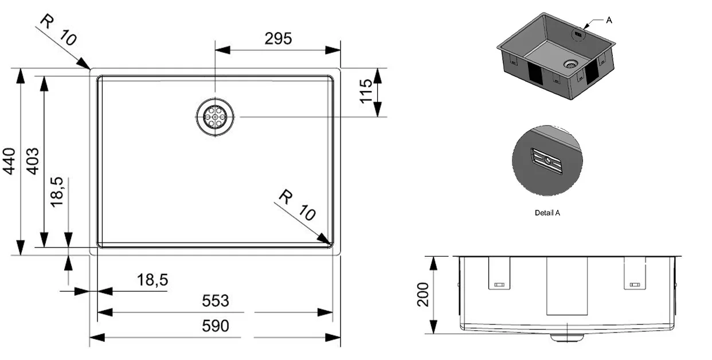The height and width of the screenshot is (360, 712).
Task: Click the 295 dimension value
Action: click(278, 39)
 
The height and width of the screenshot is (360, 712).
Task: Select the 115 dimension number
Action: click(366, 91)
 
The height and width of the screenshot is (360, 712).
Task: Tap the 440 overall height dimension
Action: click(9, 161)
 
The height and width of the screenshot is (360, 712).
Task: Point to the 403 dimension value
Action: click(33, 161)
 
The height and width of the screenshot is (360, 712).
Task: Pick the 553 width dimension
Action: click(216, 300)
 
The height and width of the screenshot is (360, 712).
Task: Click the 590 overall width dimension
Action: click(216, 326)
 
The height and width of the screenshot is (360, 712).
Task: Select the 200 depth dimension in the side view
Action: click(423, 294)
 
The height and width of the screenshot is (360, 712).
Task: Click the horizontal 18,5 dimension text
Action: click(152, 280)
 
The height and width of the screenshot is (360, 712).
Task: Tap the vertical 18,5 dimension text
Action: click(57, 192)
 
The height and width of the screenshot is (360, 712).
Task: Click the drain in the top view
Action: click(215, 117)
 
